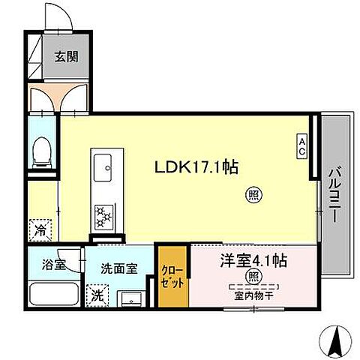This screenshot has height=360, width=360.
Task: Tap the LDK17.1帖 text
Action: (x=196, y=168)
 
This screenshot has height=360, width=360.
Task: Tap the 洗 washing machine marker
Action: (x=97, y=295)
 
